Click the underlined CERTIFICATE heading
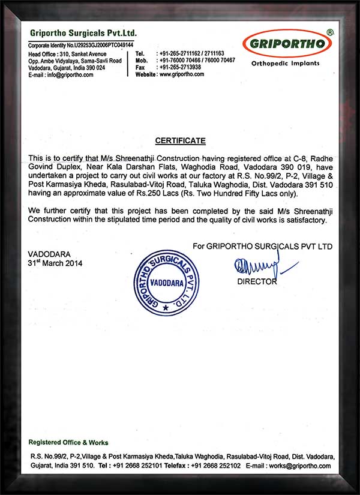(x=180, y=141)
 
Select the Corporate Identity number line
(x=81, y=46)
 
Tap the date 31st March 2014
(x=55, y=263)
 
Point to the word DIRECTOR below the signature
(x=257, y=281)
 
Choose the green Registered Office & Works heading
(x=68, y=442)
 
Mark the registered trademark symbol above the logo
(x=329, y=31)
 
